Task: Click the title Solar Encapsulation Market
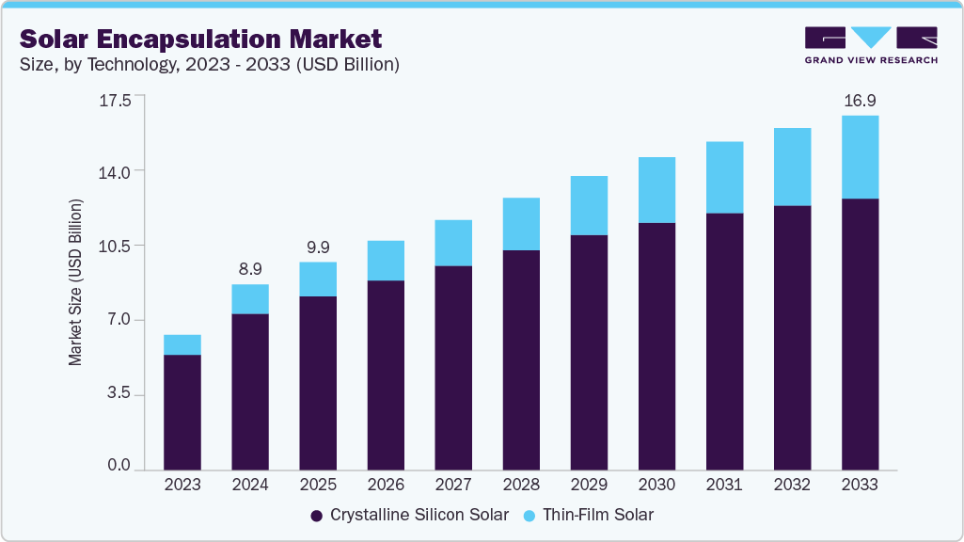click(x=200, y=39)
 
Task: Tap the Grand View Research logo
click(x=870, y=45)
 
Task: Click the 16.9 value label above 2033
click(x=859, y=100)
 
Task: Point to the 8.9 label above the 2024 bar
click(x=249, y=268)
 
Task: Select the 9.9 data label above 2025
click(x=317, y=247)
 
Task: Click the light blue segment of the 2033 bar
click(x=860, y=157)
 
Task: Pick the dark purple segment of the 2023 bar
click(x=182, y=412)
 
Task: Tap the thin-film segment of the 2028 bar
click(x=521, y=224)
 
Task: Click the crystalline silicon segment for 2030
click(x=656, y=346)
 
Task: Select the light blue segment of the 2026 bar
click(x=386, y=261)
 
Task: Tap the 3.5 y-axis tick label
click(x=119, y=395)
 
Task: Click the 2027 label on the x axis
click(x=452, y=485)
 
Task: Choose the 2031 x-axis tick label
click(x=724, y=485)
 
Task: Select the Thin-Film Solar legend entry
click(x=590, y=515)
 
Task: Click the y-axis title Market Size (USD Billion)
click(x=75, y=282)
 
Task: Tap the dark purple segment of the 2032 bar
click(x=792, y=338)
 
